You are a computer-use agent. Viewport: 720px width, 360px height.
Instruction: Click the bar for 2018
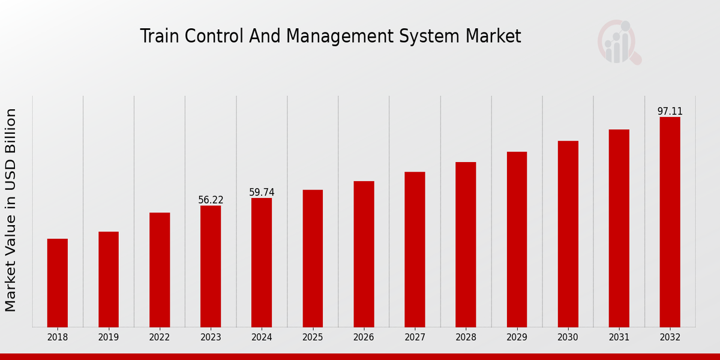(58, 283)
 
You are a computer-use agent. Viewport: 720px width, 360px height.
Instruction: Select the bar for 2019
(109, 279)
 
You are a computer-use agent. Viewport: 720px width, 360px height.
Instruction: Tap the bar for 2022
(160, 269)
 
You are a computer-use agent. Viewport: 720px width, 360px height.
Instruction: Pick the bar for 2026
(364, 254)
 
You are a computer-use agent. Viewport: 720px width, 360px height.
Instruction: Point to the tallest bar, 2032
(670, 222)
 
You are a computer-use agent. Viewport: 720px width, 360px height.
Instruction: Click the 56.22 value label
(211, 200)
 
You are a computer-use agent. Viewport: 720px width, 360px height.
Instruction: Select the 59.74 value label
(262, 192)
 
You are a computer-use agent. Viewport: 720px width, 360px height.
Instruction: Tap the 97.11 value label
(670, 111)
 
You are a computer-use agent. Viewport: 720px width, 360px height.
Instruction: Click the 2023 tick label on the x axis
(211, 337)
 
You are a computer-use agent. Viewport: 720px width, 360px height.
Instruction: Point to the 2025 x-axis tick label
(313, 337)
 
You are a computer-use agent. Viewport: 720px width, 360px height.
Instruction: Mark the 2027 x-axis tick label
(415, 337)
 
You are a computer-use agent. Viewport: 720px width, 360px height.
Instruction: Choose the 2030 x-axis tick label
(568, 337)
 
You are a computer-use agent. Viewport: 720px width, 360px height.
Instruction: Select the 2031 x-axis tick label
(619, 337)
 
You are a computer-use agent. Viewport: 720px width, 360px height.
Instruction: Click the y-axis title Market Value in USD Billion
(11, 210)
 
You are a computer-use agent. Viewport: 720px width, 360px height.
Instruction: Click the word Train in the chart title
(159, 36)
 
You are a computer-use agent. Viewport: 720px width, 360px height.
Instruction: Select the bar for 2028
(466, 244)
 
